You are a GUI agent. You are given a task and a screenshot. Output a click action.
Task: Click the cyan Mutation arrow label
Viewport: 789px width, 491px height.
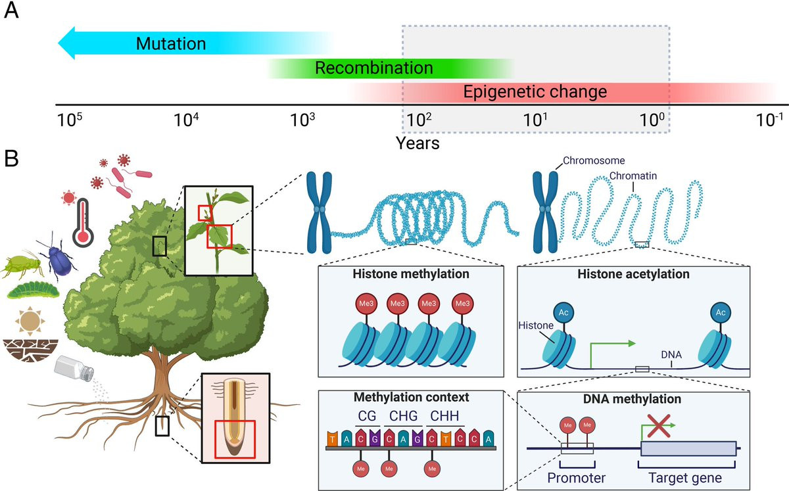click(x=170, y=44)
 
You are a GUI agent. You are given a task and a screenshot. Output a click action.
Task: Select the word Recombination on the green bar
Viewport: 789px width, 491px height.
click(x=373, y=68)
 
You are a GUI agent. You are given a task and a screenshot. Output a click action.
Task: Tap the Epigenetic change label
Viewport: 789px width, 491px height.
click(x=535, y=91)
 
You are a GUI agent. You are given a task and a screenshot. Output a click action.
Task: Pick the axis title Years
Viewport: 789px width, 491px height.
click(x=418, y=141)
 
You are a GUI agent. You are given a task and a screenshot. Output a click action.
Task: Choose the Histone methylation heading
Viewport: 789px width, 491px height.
click(x=410, y=275)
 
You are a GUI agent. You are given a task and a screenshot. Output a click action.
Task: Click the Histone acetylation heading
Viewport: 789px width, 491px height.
click(x=634, y=275)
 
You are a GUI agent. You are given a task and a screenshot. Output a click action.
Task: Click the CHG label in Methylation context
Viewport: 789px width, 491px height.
click(x=403, y=415)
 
